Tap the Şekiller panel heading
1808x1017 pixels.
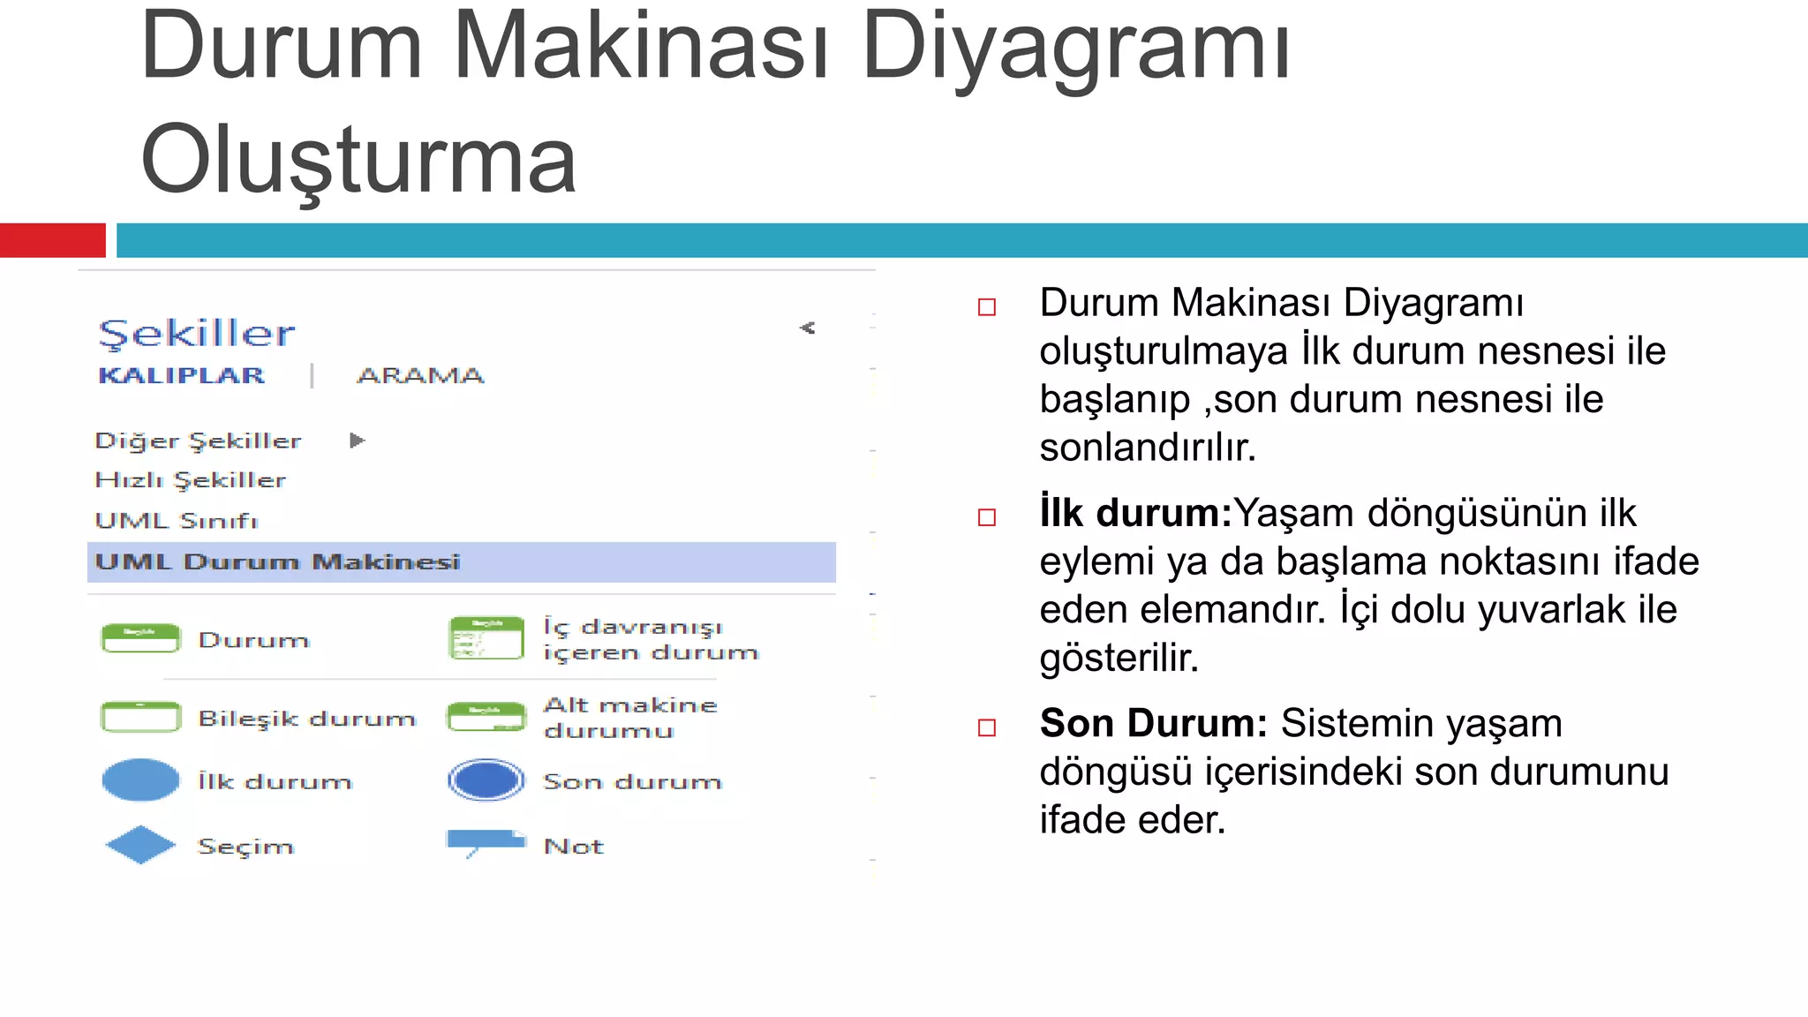(197, 334)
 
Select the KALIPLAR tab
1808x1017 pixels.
(182, 375)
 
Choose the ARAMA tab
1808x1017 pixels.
(420, 375)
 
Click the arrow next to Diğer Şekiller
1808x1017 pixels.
(357, 441)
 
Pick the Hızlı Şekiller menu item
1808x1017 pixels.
(191, 480)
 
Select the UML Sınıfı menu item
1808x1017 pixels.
(177, 521)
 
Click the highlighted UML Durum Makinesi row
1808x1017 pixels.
(461, 562)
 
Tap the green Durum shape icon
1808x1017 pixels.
(140, 638)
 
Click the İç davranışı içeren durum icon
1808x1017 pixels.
(486, 638)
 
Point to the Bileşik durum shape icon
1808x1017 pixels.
(140, 717)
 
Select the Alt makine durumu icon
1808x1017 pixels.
(486, 717)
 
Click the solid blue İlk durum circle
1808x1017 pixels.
(140, 780)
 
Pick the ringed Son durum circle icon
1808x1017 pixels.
(486, 780)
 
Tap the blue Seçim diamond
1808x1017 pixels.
(140, 845)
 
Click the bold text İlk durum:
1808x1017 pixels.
(1135, 514)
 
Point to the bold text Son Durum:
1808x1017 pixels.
(1153, 724)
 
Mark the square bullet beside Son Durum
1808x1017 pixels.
(987, 727)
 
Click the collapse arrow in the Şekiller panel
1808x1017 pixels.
(807, 328)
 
